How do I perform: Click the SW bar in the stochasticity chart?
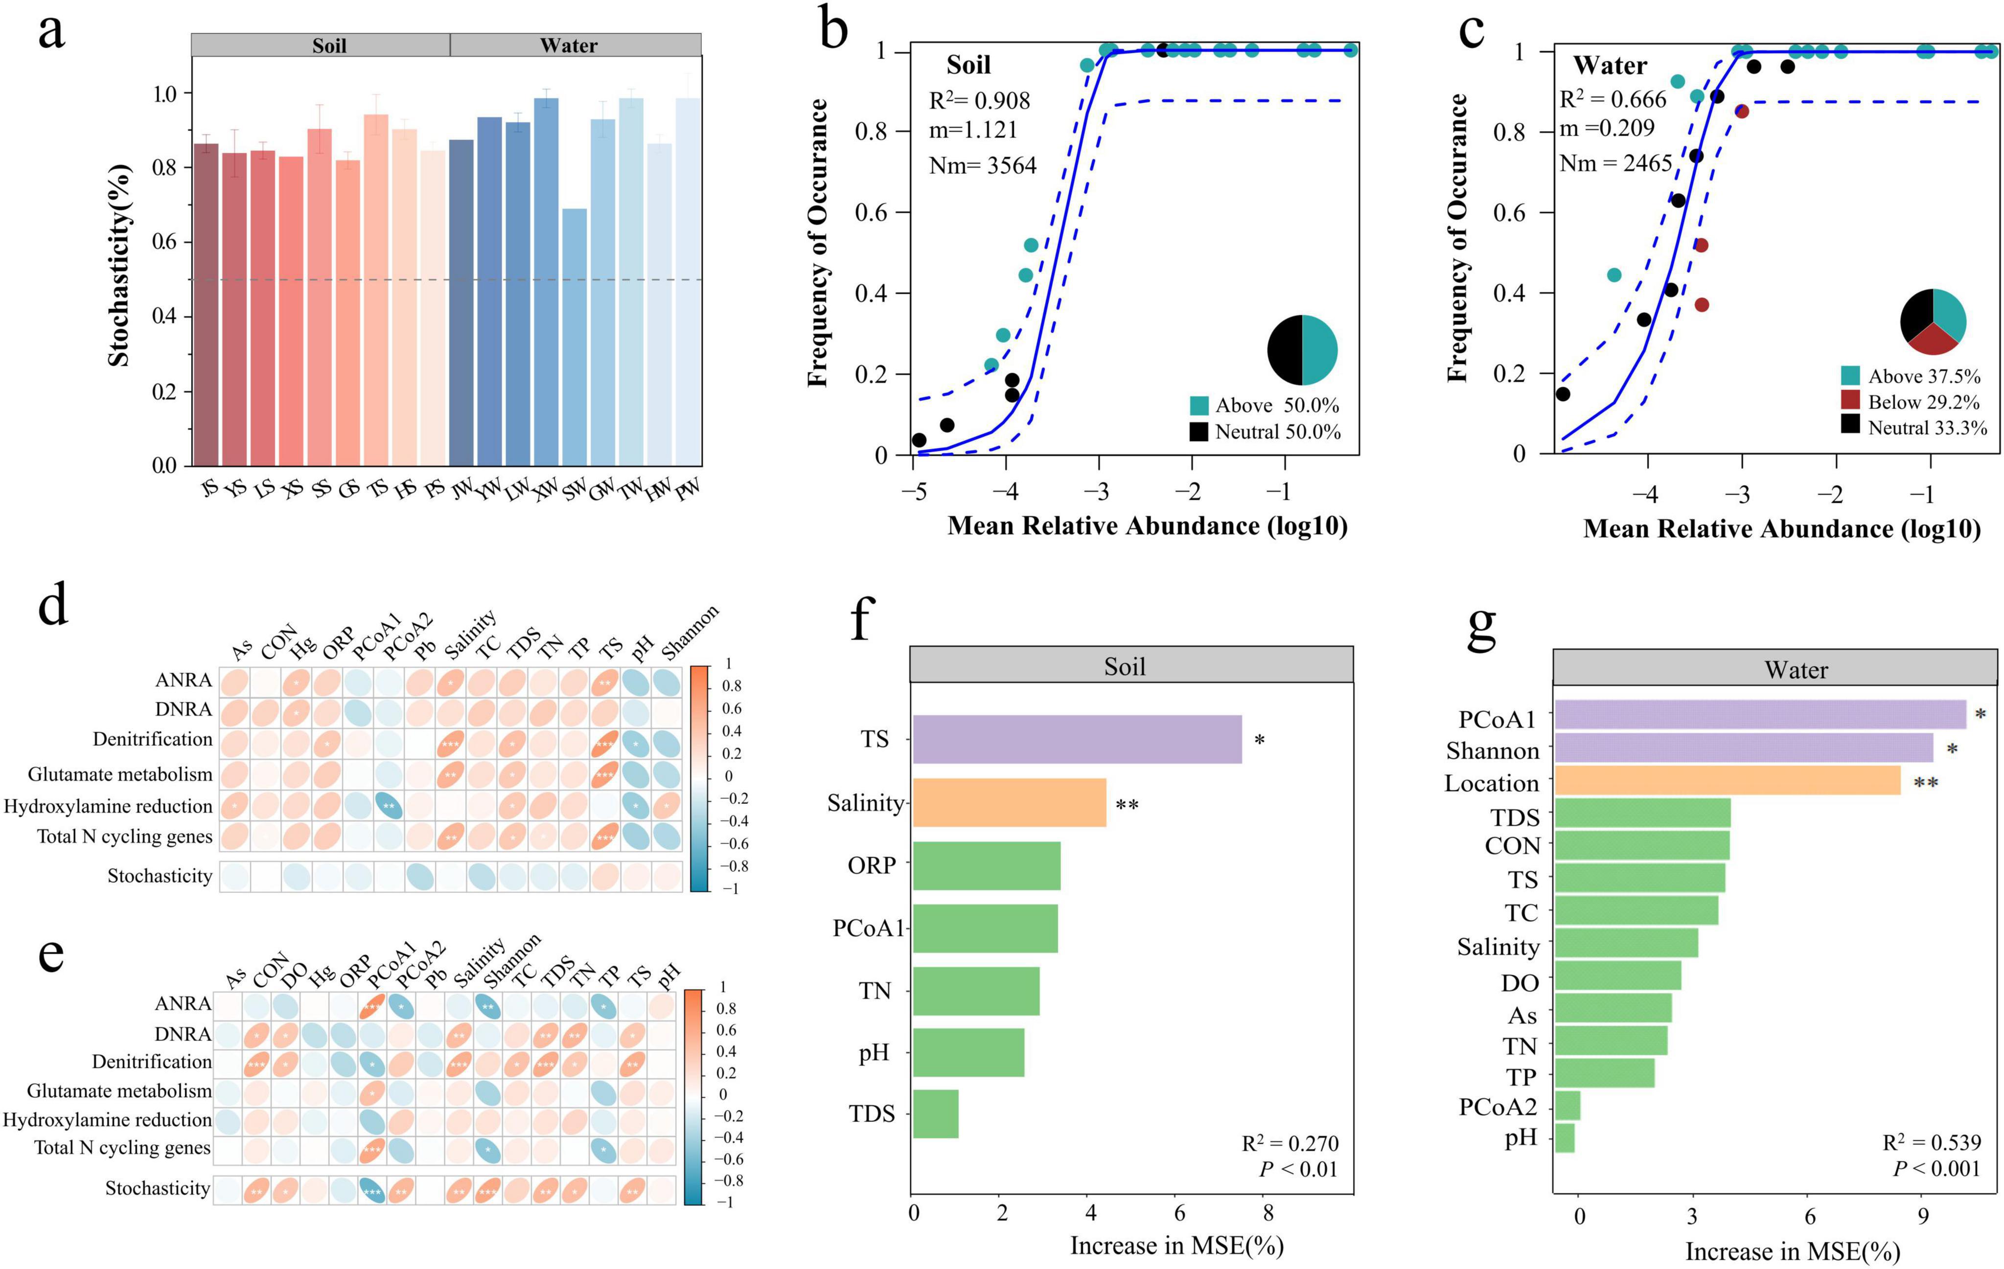point(574,337)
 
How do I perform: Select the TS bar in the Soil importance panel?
point(1077,739)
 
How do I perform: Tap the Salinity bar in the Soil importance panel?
point(1009,802)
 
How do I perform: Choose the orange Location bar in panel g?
point(1727,781)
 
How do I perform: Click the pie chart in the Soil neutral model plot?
point(1302,350)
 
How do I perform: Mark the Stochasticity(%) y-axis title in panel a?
point(119,265)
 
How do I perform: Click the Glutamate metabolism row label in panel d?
point(120,775)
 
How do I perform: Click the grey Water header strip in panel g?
point(1774,669)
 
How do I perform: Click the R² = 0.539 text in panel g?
point(1931,1142)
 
